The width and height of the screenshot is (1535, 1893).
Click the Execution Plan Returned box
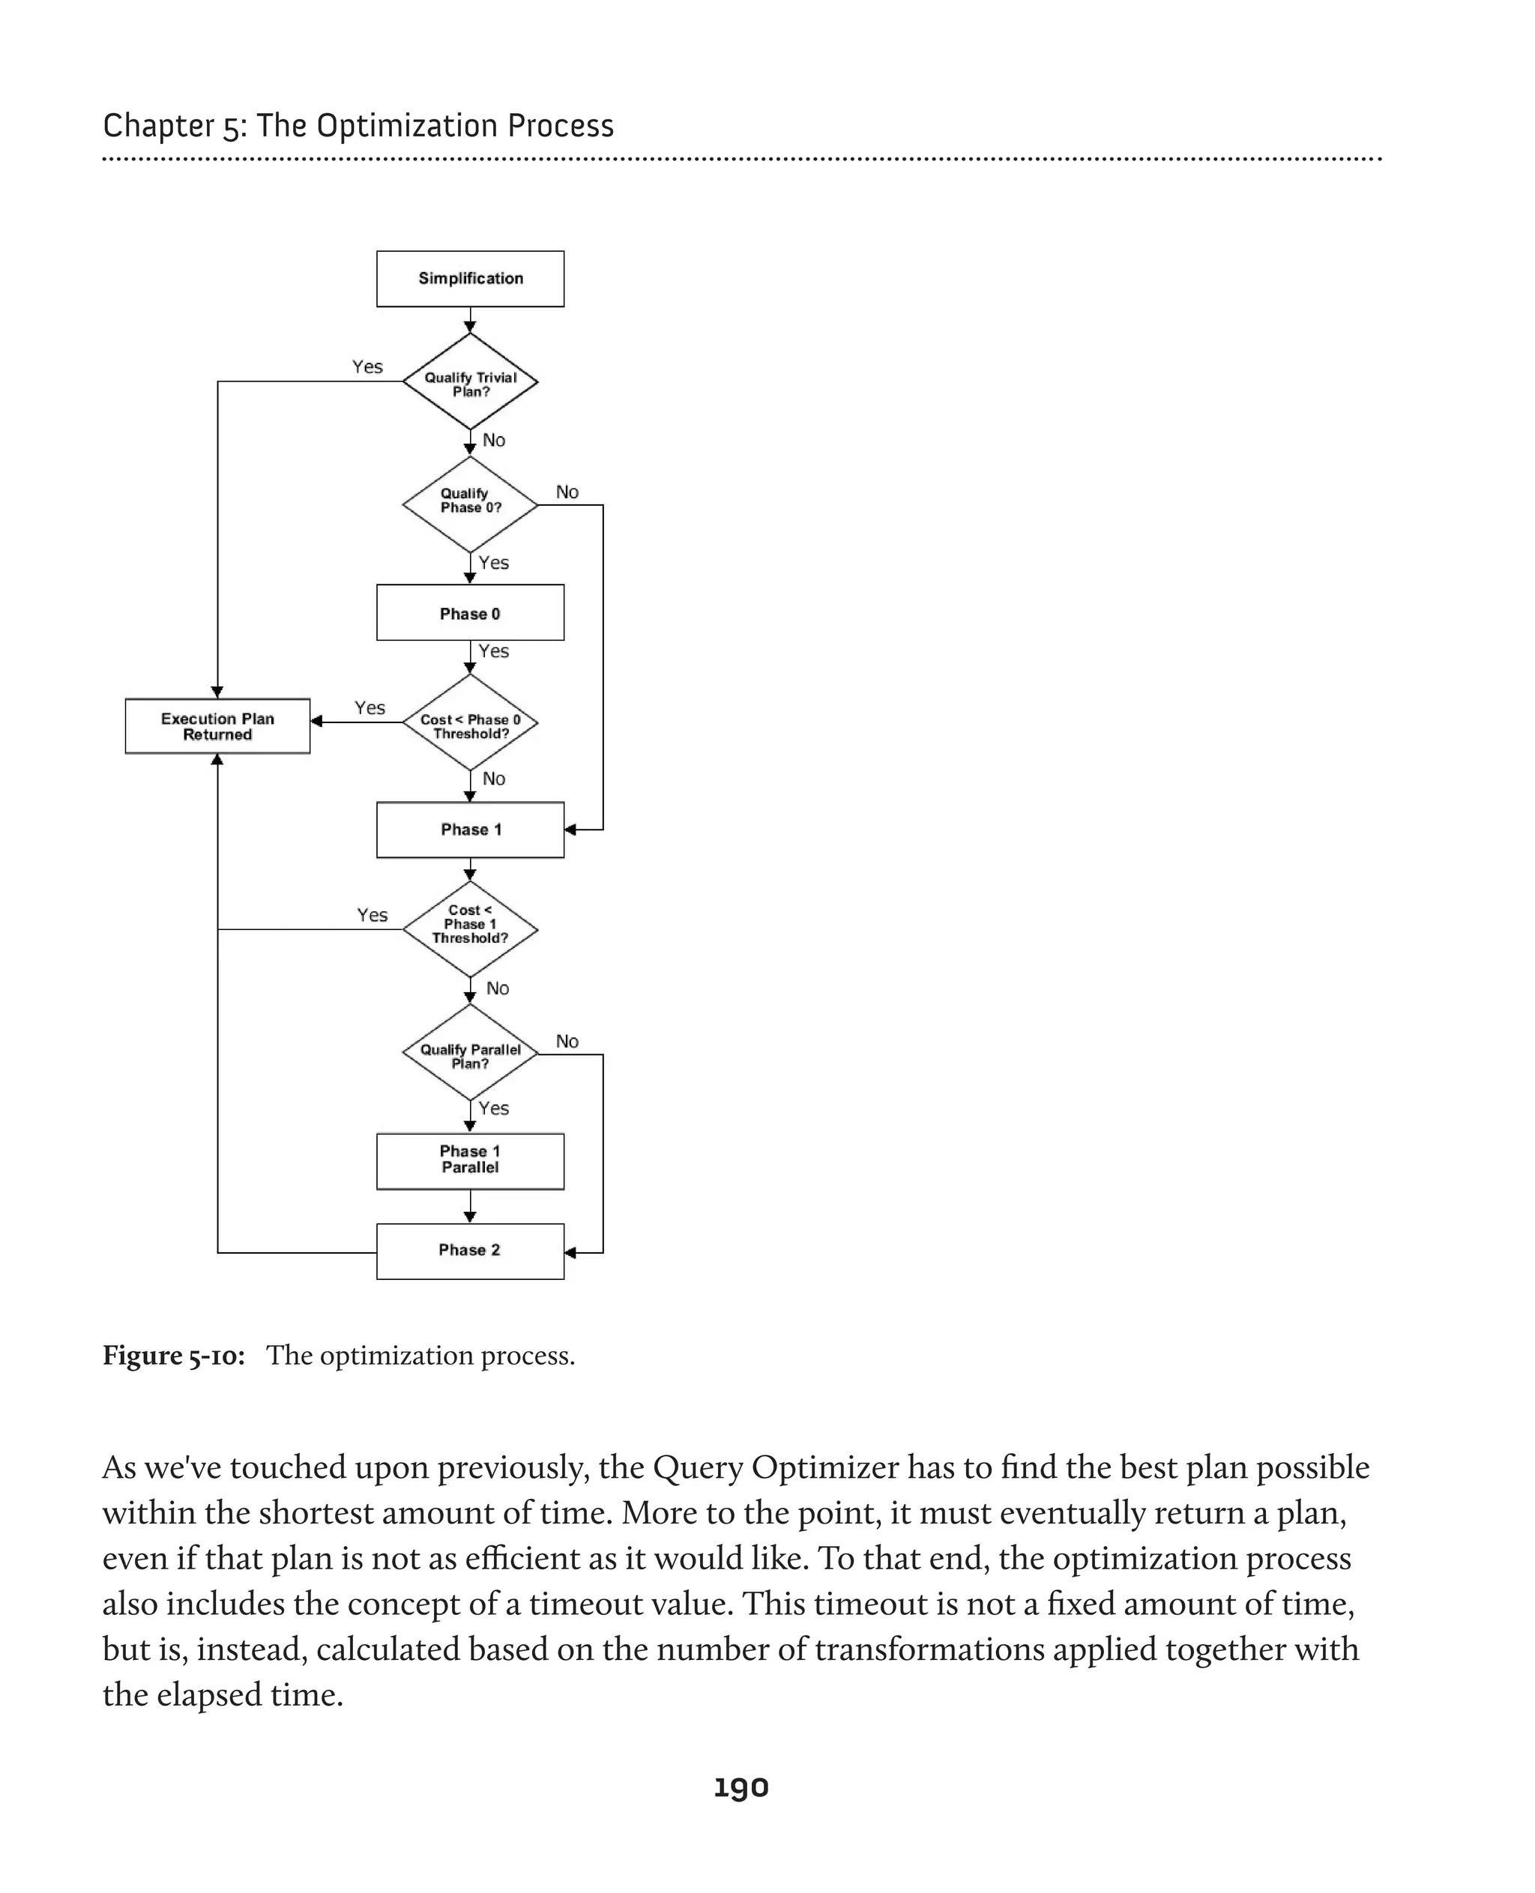pos(217,726)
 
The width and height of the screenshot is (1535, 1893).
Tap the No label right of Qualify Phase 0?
pos(567,492)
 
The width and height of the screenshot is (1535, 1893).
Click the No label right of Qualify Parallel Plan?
pos(567,1042)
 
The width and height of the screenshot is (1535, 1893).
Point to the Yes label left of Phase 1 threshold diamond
pos(373,915)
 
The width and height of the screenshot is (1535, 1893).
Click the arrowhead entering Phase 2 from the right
pos(570,1253)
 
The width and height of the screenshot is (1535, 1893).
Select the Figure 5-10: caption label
pos(174,1356)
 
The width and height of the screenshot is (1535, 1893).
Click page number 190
pos(741,1787)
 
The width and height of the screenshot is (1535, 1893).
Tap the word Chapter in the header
pos(158,127)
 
